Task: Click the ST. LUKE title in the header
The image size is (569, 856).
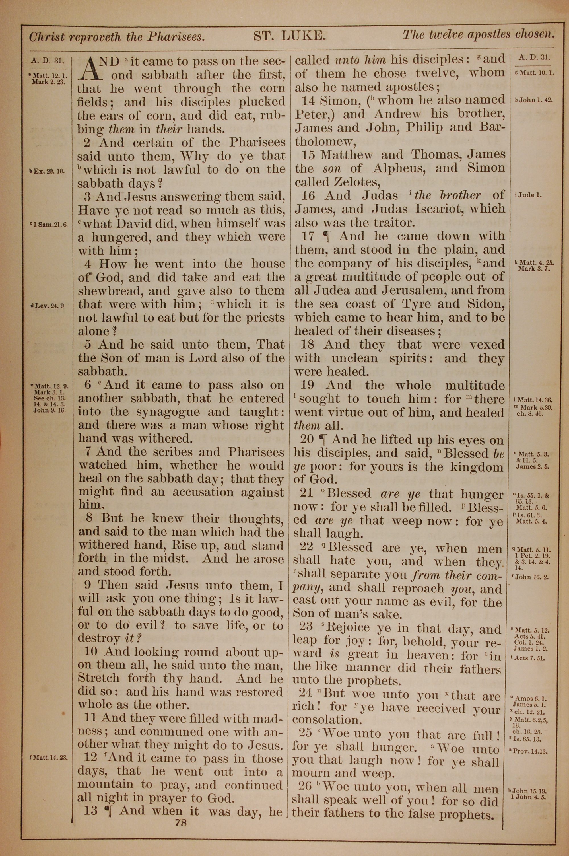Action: (x=288, y=36)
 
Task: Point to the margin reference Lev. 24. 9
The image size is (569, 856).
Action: (x=49, y=306)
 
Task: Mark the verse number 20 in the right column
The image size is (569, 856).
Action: (x=307, y=440)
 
